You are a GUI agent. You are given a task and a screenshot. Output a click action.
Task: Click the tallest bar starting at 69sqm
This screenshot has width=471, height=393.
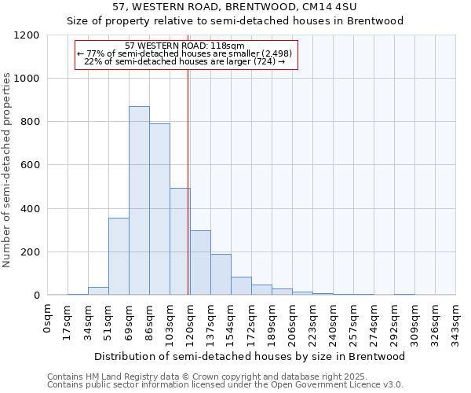139,200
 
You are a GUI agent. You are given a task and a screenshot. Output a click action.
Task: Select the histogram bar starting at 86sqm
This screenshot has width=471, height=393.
159,209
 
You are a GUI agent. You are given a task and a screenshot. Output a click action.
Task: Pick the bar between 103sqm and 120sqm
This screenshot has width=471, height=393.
180,241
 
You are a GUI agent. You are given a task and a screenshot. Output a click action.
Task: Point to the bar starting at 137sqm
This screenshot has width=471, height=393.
221,274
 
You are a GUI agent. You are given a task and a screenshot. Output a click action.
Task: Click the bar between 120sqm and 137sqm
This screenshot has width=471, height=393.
200,263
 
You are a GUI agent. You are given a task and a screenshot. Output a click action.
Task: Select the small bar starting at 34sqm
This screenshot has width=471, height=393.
98,291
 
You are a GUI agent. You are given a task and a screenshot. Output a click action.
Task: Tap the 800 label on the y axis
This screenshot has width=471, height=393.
31,122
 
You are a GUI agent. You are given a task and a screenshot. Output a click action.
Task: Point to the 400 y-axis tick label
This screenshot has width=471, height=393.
31,209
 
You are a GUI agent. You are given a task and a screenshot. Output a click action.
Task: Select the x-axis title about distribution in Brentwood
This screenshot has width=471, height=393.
250,356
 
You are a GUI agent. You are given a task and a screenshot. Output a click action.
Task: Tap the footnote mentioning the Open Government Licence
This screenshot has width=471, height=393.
225,384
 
